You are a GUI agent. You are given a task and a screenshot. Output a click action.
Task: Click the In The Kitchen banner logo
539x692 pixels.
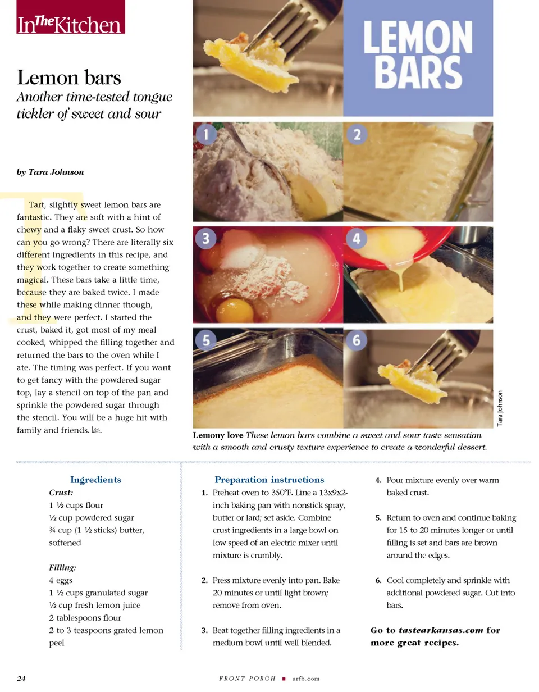[x=70, y=16]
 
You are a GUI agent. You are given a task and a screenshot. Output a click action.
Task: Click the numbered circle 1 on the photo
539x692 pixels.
[x=206, y=134]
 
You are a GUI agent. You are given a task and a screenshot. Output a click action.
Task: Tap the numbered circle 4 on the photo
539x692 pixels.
[x=357, y=239]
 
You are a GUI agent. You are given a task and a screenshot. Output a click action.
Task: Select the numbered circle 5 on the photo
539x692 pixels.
[x=206, y=340]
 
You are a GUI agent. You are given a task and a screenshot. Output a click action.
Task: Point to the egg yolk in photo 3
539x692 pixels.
[x=235, y=309]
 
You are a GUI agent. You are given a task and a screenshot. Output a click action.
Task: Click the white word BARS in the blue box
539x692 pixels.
[x=418, y=72]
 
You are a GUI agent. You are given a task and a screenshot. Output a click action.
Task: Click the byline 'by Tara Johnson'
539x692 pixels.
[x=51, y=172]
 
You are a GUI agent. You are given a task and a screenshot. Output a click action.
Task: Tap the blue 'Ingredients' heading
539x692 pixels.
[x=95, y=480]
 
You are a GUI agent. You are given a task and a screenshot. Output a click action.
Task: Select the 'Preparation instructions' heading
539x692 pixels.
[x=269, y=480]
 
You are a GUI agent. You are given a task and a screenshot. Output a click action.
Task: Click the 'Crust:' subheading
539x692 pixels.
[x=61, y=493]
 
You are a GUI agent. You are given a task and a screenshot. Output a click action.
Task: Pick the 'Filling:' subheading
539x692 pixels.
[x=62, y=568]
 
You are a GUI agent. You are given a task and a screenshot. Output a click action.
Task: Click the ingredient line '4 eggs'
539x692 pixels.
[x=61, y=581]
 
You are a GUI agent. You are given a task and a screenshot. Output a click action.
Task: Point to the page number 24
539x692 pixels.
[x=21, y=679]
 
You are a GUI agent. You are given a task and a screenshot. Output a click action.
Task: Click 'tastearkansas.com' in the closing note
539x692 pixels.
[x=441, y=631]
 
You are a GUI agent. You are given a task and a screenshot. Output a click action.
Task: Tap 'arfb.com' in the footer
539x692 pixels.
[x=306, y=679]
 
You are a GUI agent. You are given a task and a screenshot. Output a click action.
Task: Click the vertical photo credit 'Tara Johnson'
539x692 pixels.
[x=500, y=408]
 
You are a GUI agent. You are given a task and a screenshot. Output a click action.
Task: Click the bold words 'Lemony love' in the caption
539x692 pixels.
[x=218, y=435]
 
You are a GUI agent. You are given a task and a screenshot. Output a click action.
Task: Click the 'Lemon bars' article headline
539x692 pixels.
[x=68, y=78]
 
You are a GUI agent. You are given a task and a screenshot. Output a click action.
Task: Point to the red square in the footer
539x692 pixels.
[x=284, y=679]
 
